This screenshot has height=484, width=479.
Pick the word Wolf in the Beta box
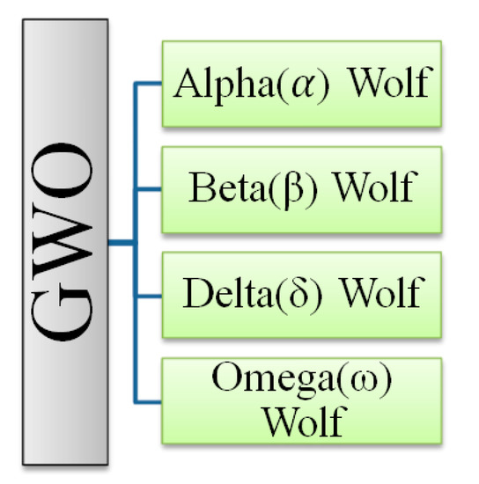371,187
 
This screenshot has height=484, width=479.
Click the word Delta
225,291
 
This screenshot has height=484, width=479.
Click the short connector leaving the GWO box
120,240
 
